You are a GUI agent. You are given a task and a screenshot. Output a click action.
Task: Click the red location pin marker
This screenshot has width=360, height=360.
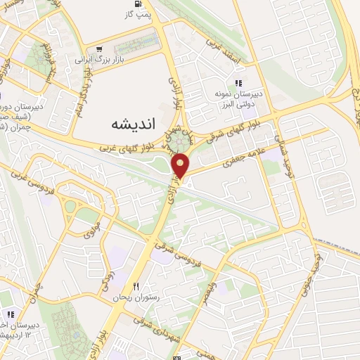click(x=182, y=166)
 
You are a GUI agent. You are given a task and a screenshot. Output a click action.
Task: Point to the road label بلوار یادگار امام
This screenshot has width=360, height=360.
click(x=82, y=85)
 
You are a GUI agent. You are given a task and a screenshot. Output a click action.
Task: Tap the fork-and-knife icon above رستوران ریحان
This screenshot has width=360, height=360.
click(x=137, y=285)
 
